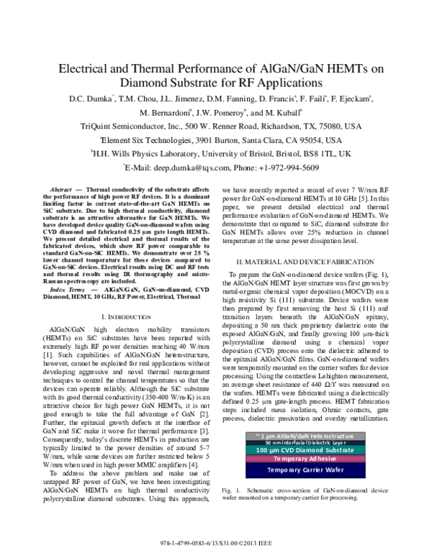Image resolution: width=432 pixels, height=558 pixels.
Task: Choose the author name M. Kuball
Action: click(x=287, y=112)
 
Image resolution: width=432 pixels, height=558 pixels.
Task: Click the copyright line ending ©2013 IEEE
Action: click(x=215, y=539)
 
